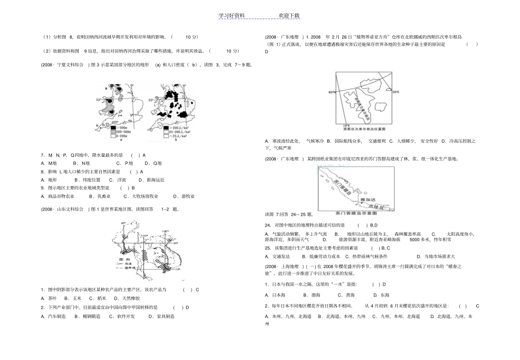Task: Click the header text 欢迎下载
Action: pyautogui.click(x=289, y=16)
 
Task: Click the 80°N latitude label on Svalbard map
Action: pyautogui.click(x=332, y=92)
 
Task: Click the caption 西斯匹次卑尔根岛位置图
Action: pyautogui.click(x=363, y=129)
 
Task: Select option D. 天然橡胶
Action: pyautogui.click(x=127, y=298)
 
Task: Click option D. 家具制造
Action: pyautogui.click(x=162, y=316)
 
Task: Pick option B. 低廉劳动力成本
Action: pyautogui.click(x=321, y=256)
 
